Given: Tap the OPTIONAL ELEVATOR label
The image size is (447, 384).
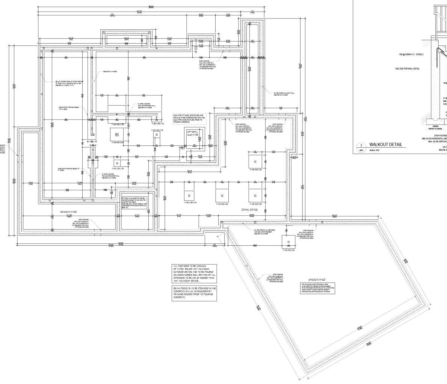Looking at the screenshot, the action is pyautogui.click(x=192, y=133).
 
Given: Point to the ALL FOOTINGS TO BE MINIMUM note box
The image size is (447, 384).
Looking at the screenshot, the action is pyautogui.click(x=194, y=274).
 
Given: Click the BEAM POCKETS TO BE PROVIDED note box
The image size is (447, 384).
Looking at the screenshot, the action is pyautogui.click(x=195, y=293).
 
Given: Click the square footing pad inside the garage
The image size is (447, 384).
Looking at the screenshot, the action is pyautogui.click(x=288, y=242).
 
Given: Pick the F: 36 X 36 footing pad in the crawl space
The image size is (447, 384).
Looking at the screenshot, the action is pyautogui.click(x=189, y=195).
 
